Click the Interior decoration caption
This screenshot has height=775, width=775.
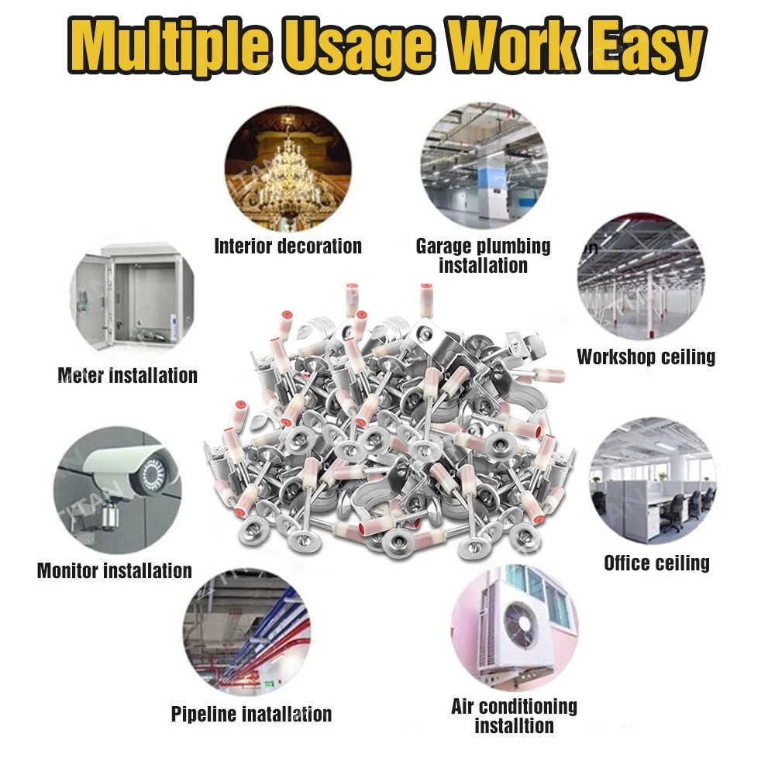[288, 246]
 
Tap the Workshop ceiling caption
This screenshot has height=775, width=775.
[646, 356]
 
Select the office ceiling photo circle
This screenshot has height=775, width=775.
[652, 480]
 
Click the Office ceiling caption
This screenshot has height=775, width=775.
[656, 563]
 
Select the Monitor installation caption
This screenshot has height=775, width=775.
[114, 571]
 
